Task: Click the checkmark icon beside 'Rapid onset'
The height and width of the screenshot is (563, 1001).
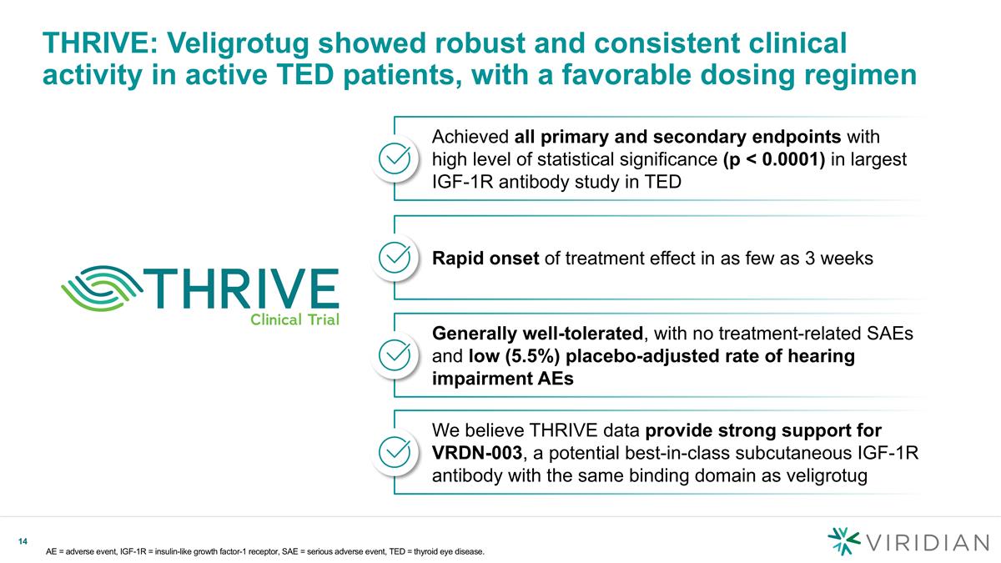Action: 394,257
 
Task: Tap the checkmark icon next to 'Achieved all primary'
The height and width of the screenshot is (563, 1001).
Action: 394,158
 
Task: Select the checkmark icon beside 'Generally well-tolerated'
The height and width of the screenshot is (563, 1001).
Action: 394,354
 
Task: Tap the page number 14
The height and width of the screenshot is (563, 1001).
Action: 24,543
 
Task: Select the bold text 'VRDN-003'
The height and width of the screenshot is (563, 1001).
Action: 478,453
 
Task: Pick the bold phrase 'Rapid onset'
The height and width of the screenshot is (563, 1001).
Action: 485,259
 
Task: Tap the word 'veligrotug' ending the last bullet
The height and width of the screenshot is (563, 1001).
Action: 825,475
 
